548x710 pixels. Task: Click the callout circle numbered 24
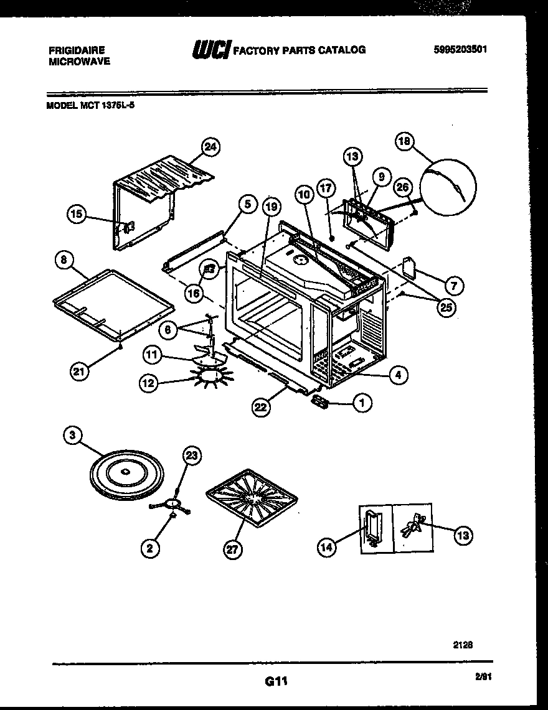click(211, 147)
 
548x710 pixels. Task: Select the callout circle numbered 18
click(405, 142)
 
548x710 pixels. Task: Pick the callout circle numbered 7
click(453, 286)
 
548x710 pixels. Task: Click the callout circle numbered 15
click(76, 215)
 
